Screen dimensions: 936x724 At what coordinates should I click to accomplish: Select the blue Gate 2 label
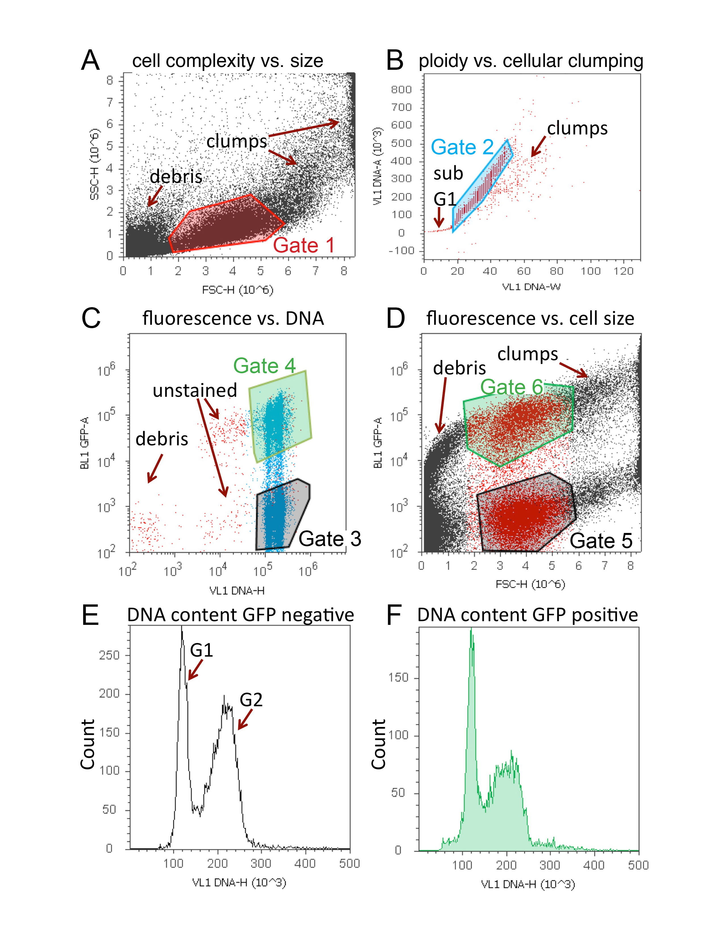point(462,147)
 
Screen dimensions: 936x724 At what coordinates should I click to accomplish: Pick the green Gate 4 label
point(264,366)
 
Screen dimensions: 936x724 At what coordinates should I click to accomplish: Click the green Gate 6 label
point(512,387)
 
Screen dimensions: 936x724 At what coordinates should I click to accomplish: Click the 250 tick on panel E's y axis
point(109,655)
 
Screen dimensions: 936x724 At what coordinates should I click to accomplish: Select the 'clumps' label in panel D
point(528,354)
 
